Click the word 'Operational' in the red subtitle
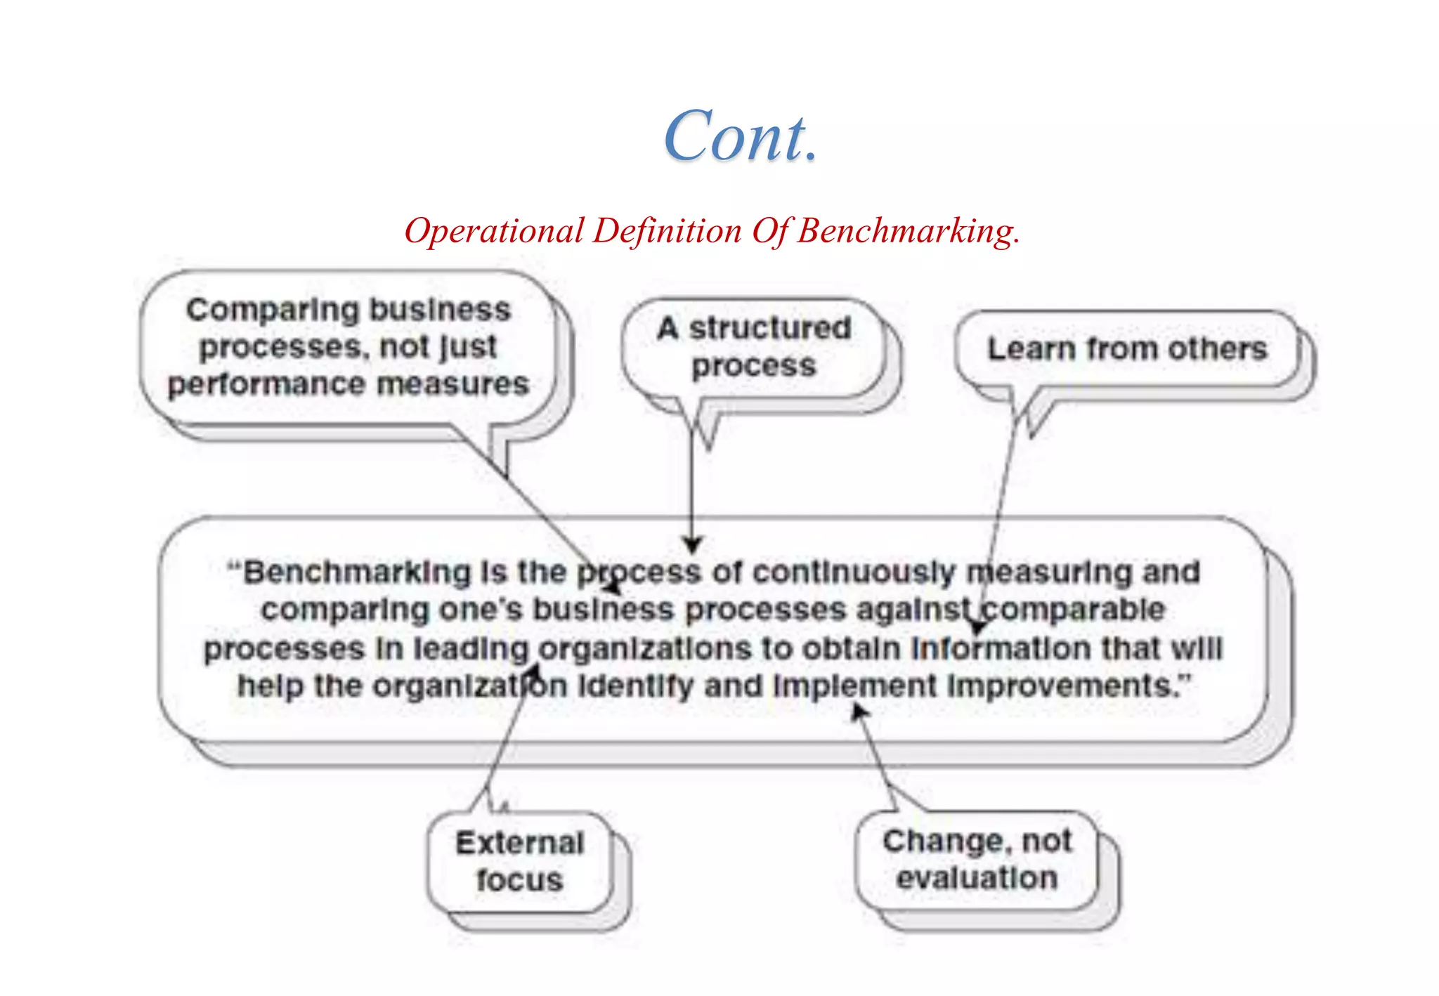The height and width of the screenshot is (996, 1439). pos(494,231)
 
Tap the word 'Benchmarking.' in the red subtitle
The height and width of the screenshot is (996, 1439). pos(908,231)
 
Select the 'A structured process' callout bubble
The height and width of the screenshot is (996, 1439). pos(753,347)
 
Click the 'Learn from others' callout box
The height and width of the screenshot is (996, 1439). pos(1126,349)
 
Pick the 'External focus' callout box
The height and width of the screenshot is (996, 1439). pos(519,862)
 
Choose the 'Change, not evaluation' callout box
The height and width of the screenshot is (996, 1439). pos(977,860)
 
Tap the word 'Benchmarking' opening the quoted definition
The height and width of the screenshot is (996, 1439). pos(357,572)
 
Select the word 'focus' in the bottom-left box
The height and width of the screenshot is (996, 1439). pos(519,881)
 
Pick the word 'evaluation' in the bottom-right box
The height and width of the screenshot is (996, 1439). pos(977,879)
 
